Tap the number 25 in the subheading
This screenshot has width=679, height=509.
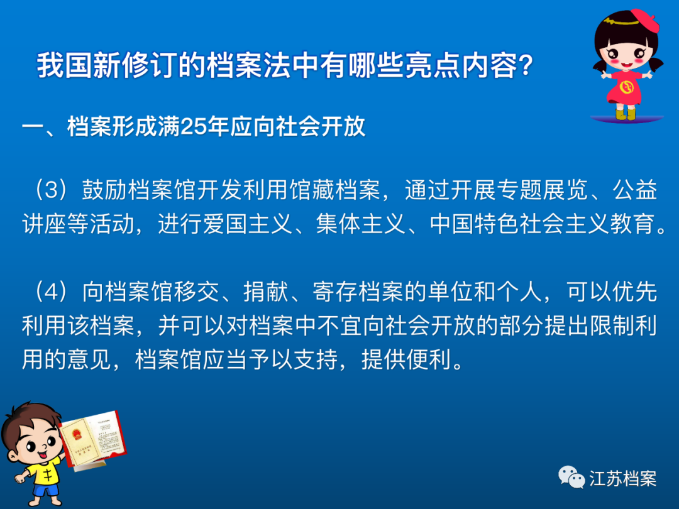click(x=191, y=127)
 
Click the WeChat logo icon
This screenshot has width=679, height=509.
click(x=571, y=477)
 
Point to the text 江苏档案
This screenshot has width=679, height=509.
click(x=623, y=478)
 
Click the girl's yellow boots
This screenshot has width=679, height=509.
click(x=626, y=113)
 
